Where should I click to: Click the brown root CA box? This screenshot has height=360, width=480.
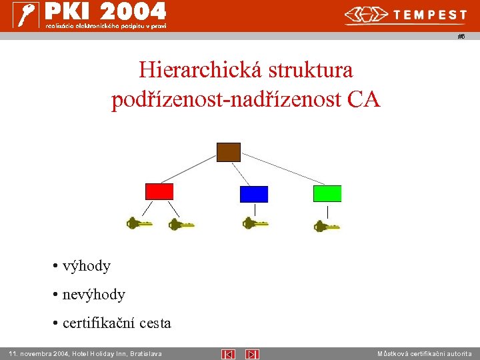coord(229,152)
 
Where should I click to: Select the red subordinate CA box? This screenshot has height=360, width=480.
coord(159,191)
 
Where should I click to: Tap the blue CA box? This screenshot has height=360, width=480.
coord(253,194)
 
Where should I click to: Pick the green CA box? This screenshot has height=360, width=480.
coord(327,193)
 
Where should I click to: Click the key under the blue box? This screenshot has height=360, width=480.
coord(255,223)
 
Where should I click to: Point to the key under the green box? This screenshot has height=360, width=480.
coord(326,227)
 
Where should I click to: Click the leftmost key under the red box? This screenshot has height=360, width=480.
coord(139,223)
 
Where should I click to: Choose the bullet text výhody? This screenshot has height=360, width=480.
coord(86,266)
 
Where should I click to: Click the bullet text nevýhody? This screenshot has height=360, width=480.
coord(93,294)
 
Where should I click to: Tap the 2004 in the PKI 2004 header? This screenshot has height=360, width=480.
coord(139,11)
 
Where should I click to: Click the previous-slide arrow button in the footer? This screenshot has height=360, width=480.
coord(227,354)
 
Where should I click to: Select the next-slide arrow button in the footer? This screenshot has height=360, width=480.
coord(252,354)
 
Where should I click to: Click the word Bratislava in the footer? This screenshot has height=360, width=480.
coord(145,353)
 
